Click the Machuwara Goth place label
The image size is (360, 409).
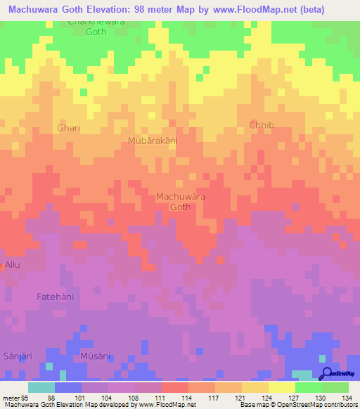point(181,202)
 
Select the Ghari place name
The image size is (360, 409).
point(68,128)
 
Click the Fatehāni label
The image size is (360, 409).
point(55,297)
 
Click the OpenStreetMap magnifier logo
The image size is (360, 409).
point(327,374)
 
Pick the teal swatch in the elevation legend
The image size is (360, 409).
point(41,387)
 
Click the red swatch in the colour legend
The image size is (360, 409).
point(175,387)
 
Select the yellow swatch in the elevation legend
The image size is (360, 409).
point(282,387)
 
